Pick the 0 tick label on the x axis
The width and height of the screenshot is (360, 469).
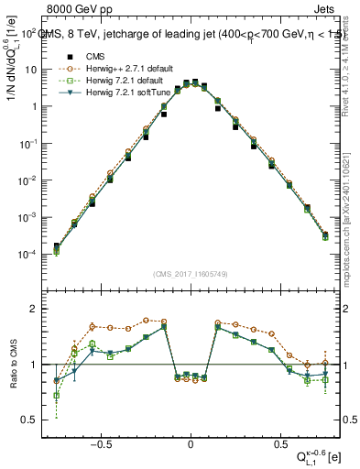(x=191, y=441)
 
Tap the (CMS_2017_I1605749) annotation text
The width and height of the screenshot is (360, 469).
(x=191, y=274)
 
